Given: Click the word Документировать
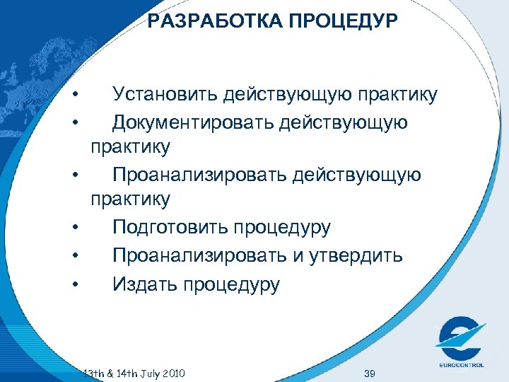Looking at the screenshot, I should (x=191, y=123).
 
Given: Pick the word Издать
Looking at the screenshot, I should (x=144, y=285).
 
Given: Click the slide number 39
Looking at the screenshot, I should (x=368, y=372).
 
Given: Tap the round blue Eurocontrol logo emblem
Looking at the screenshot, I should (x=460, y=337).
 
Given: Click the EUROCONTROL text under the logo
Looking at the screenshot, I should (x=460, y=366).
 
